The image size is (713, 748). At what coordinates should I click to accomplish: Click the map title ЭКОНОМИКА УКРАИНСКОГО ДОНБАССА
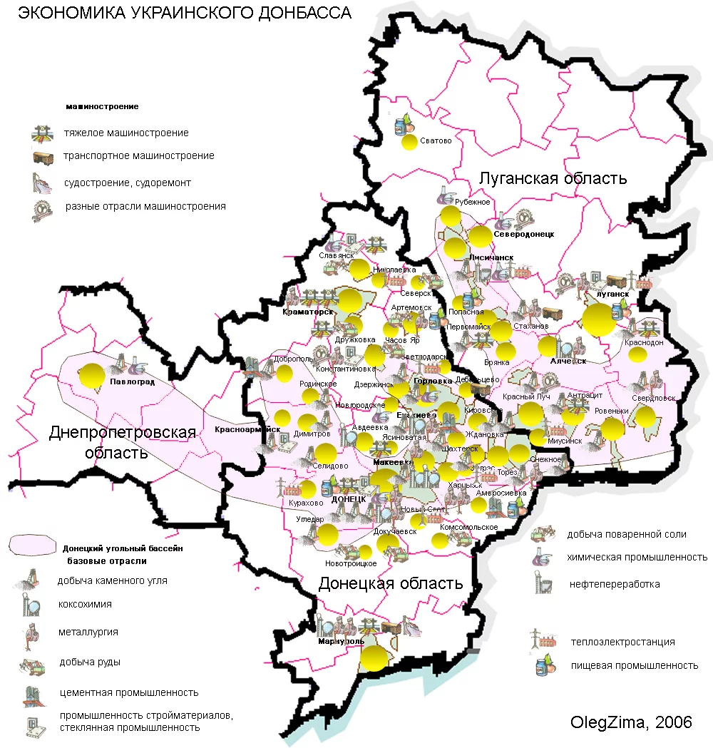[x=184, y=14]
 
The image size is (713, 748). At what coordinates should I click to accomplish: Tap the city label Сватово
[x=436, y=140]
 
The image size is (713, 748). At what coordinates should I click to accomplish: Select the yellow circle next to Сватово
[x=409, y=142]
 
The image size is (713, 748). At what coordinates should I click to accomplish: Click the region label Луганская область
[x=553, y=178]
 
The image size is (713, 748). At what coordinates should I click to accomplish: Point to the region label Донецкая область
[x=391, y=583]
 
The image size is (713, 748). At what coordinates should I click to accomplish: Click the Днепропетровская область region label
[x=122, y=442]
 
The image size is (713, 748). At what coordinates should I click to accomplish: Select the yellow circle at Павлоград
[x=91, y=375]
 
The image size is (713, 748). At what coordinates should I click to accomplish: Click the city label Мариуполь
[x=341, y=640]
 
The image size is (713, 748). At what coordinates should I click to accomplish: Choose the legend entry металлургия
[x=88, y=632]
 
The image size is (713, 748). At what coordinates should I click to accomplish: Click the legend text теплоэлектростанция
[x=622, y=642]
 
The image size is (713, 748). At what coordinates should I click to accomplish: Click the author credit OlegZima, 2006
[x=631, y=722]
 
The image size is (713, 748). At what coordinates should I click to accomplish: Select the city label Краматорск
[x=307, y=312]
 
